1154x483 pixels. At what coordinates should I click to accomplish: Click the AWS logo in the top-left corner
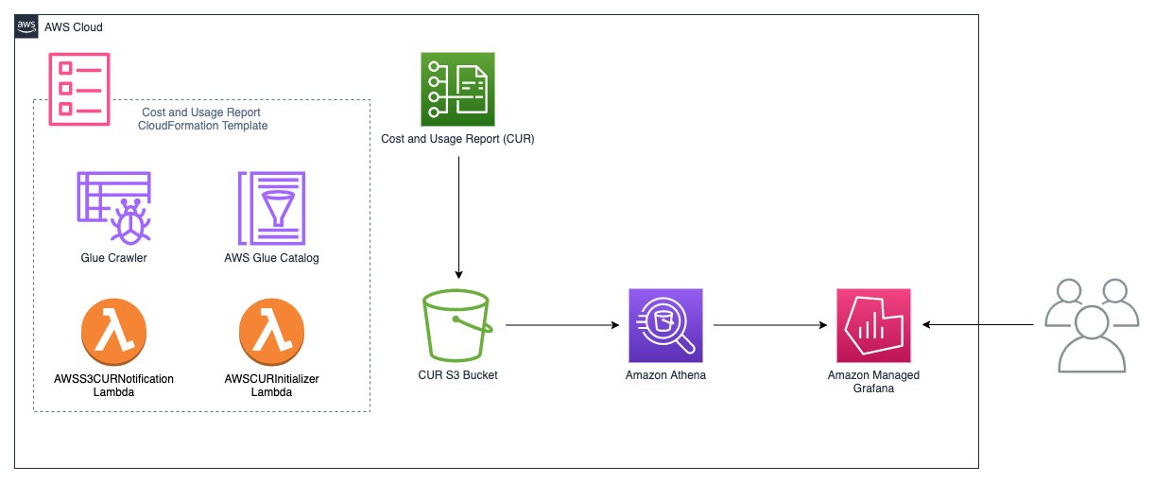pos(26,26)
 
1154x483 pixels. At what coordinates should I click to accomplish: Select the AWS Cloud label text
pos(74,27)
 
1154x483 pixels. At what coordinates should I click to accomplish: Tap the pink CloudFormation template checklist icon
pos(78,87)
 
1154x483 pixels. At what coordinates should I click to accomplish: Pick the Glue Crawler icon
pos(112,207)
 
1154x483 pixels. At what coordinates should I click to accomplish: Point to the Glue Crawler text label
pos(112,258)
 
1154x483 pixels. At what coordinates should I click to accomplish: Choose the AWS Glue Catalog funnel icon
pos(272,207)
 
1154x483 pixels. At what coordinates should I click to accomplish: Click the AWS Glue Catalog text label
pos(272,258)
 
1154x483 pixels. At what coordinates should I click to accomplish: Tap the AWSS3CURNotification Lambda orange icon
pos(114,333)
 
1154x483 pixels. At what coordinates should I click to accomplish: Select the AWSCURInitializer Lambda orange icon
pos(272,333)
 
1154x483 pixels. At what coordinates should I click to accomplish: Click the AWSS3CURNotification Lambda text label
pos(114,385)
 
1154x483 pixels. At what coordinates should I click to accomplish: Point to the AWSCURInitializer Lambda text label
pos(272,385)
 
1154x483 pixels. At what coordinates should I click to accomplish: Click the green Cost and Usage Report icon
pos(457,89)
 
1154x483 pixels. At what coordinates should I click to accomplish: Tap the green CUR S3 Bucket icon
pos(458,325)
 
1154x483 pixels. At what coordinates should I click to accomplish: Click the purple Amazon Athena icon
pos(664,325)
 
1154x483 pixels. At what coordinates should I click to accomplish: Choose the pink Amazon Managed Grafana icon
pos(872,325)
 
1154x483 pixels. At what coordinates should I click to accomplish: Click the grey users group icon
pos(1090,324)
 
